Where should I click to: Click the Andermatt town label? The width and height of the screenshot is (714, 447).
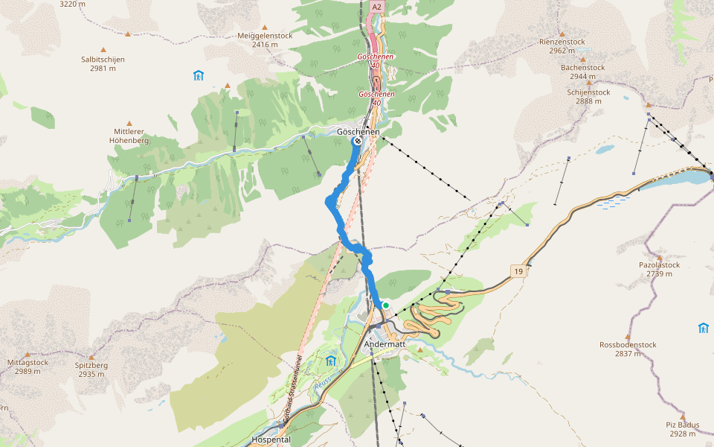(385, 345)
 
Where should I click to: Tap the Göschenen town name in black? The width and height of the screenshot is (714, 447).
(358, 132)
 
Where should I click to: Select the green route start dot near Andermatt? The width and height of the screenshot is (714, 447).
(386, 305)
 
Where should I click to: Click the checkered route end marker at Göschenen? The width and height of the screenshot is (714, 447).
(358, 141)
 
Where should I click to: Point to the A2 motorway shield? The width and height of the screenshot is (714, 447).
(376, 7)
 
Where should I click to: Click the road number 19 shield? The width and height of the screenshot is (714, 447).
(518, 271)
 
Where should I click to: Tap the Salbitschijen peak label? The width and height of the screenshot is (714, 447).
(103, 59)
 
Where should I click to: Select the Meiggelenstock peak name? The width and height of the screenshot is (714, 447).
(265, 35)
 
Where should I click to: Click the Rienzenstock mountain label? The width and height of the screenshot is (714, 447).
(563, 42)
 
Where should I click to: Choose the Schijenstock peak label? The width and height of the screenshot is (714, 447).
(588, 92)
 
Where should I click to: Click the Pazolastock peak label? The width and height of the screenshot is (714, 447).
(659, 264)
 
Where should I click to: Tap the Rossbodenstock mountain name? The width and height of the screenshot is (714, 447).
(628, 345)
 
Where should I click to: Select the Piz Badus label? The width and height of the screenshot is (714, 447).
(682, 425)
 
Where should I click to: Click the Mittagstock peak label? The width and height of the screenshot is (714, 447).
(28, 362)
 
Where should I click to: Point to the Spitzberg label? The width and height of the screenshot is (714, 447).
(91, 365)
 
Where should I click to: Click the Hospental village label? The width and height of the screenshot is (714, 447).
(271, 440)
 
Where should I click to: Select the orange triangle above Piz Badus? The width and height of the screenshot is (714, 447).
(683, 416)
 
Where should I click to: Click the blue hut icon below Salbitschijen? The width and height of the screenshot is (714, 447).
(198, 75)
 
